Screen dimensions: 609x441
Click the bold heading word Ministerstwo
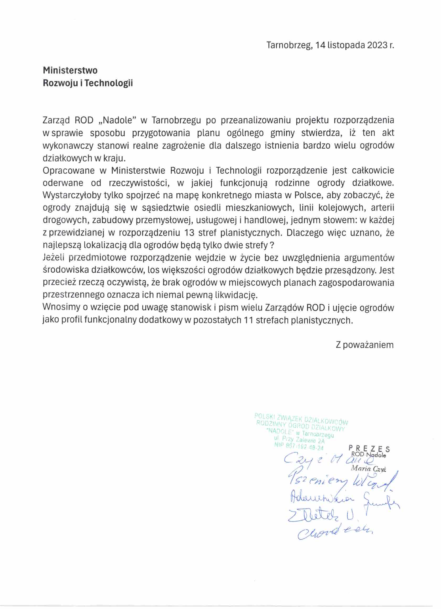point(70,71)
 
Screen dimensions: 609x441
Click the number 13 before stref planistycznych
point(189,233)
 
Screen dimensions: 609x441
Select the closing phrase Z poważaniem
point(365,345)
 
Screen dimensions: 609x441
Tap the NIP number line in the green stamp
point(299,447)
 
